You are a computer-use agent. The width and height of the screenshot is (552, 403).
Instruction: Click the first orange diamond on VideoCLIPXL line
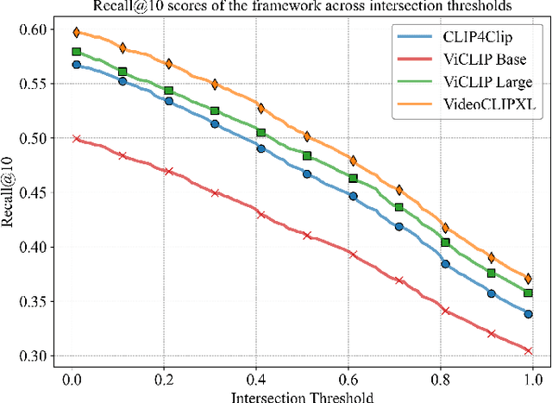point(77,33)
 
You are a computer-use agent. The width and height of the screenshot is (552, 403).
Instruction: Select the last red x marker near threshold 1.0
point(528,350)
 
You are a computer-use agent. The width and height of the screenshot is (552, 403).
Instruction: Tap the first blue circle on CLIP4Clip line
point(77,65)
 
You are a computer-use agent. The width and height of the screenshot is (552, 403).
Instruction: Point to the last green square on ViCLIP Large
point(528,293)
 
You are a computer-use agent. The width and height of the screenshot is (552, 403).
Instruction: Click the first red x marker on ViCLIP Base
point(77,139)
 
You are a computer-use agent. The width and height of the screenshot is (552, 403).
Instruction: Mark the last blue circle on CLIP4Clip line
point(528,314)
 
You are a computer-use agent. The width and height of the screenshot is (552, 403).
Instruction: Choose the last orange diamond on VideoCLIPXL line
point(528,279)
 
